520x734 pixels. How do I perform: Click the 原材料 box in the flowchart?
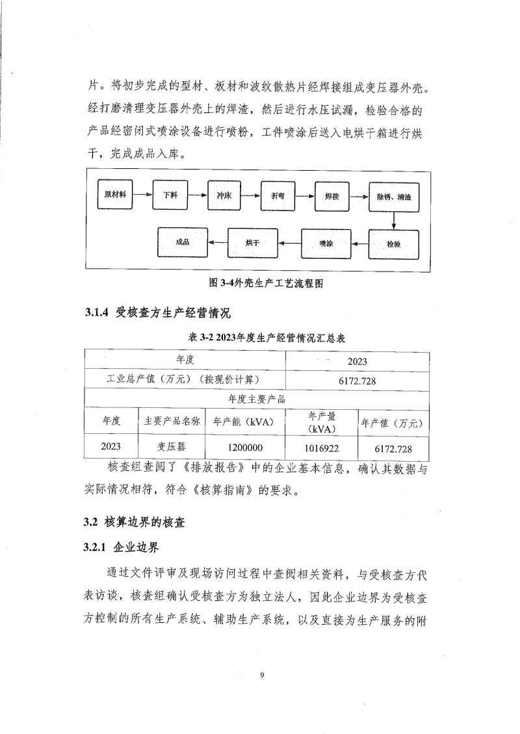pyautogui.click(x=115, y=194)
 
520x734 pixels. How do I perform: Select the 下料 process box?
pyautogui.click(x=170, y=194)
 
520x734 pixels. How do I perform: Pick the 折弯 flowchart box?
pyautogui.click(x=278, y=195)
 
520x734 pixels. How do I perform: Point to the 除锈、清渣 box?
pyautogui.click(x=393, y=196)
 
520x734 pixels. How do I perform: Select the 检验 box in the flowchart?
pyautogui.click(x=393, y=244)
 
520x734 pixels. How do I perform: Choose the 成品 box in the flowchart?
pyautogui.click(x=182, y=242)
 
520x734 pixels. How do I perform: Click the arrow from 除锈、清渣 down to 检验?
pyautogui.click(x=394, y=220)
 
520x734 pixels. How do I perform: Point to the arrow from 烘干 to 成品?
pyautogui.click(x=218, y=242)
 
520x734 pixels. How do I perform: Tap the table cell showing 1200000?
pyautogui.click(x=245, y=448)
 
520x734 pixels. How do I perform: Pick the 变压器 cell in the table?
pyautogui.click(x=172, y=447)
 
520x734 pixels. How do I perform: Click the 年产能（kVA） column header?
pyautogui.click(x=245, y=422)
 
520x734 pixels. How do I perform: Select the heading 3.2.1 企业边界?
pyautogui.click(x=122, y=548)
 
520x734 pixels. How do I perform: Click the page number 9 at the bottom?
pyautogui.click(x=261, y=676)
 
